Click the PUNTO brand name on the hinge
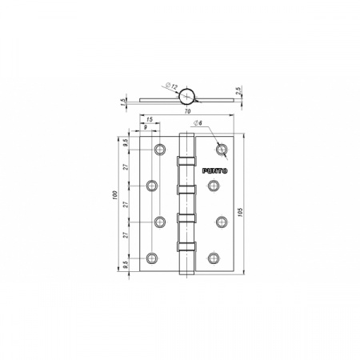214,171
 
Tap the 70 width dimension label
187,111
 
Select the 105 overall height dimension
239,212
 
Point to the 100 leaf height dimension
114,196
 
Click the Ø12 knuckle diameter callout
171,86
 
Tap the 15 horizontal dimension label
150,119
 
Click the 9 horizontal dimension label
146,127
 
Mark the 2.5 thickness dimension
238,90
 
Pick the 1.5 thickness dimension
123,102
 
